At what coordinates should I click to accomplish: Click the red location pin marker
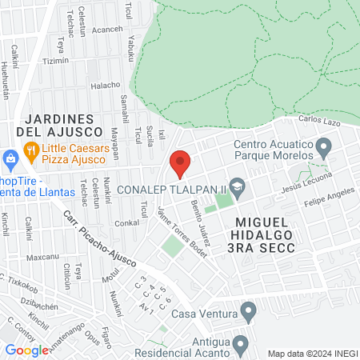180,164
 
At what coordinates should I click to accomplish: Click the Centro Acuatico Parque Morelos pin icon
323,147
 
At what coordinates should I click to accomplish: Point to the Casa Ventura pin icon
248,310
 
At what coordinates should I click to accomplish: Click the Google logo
26,350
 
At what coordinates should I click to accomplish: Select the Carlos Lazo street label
321,121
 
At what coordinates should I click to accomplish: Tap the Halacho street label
105,86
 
